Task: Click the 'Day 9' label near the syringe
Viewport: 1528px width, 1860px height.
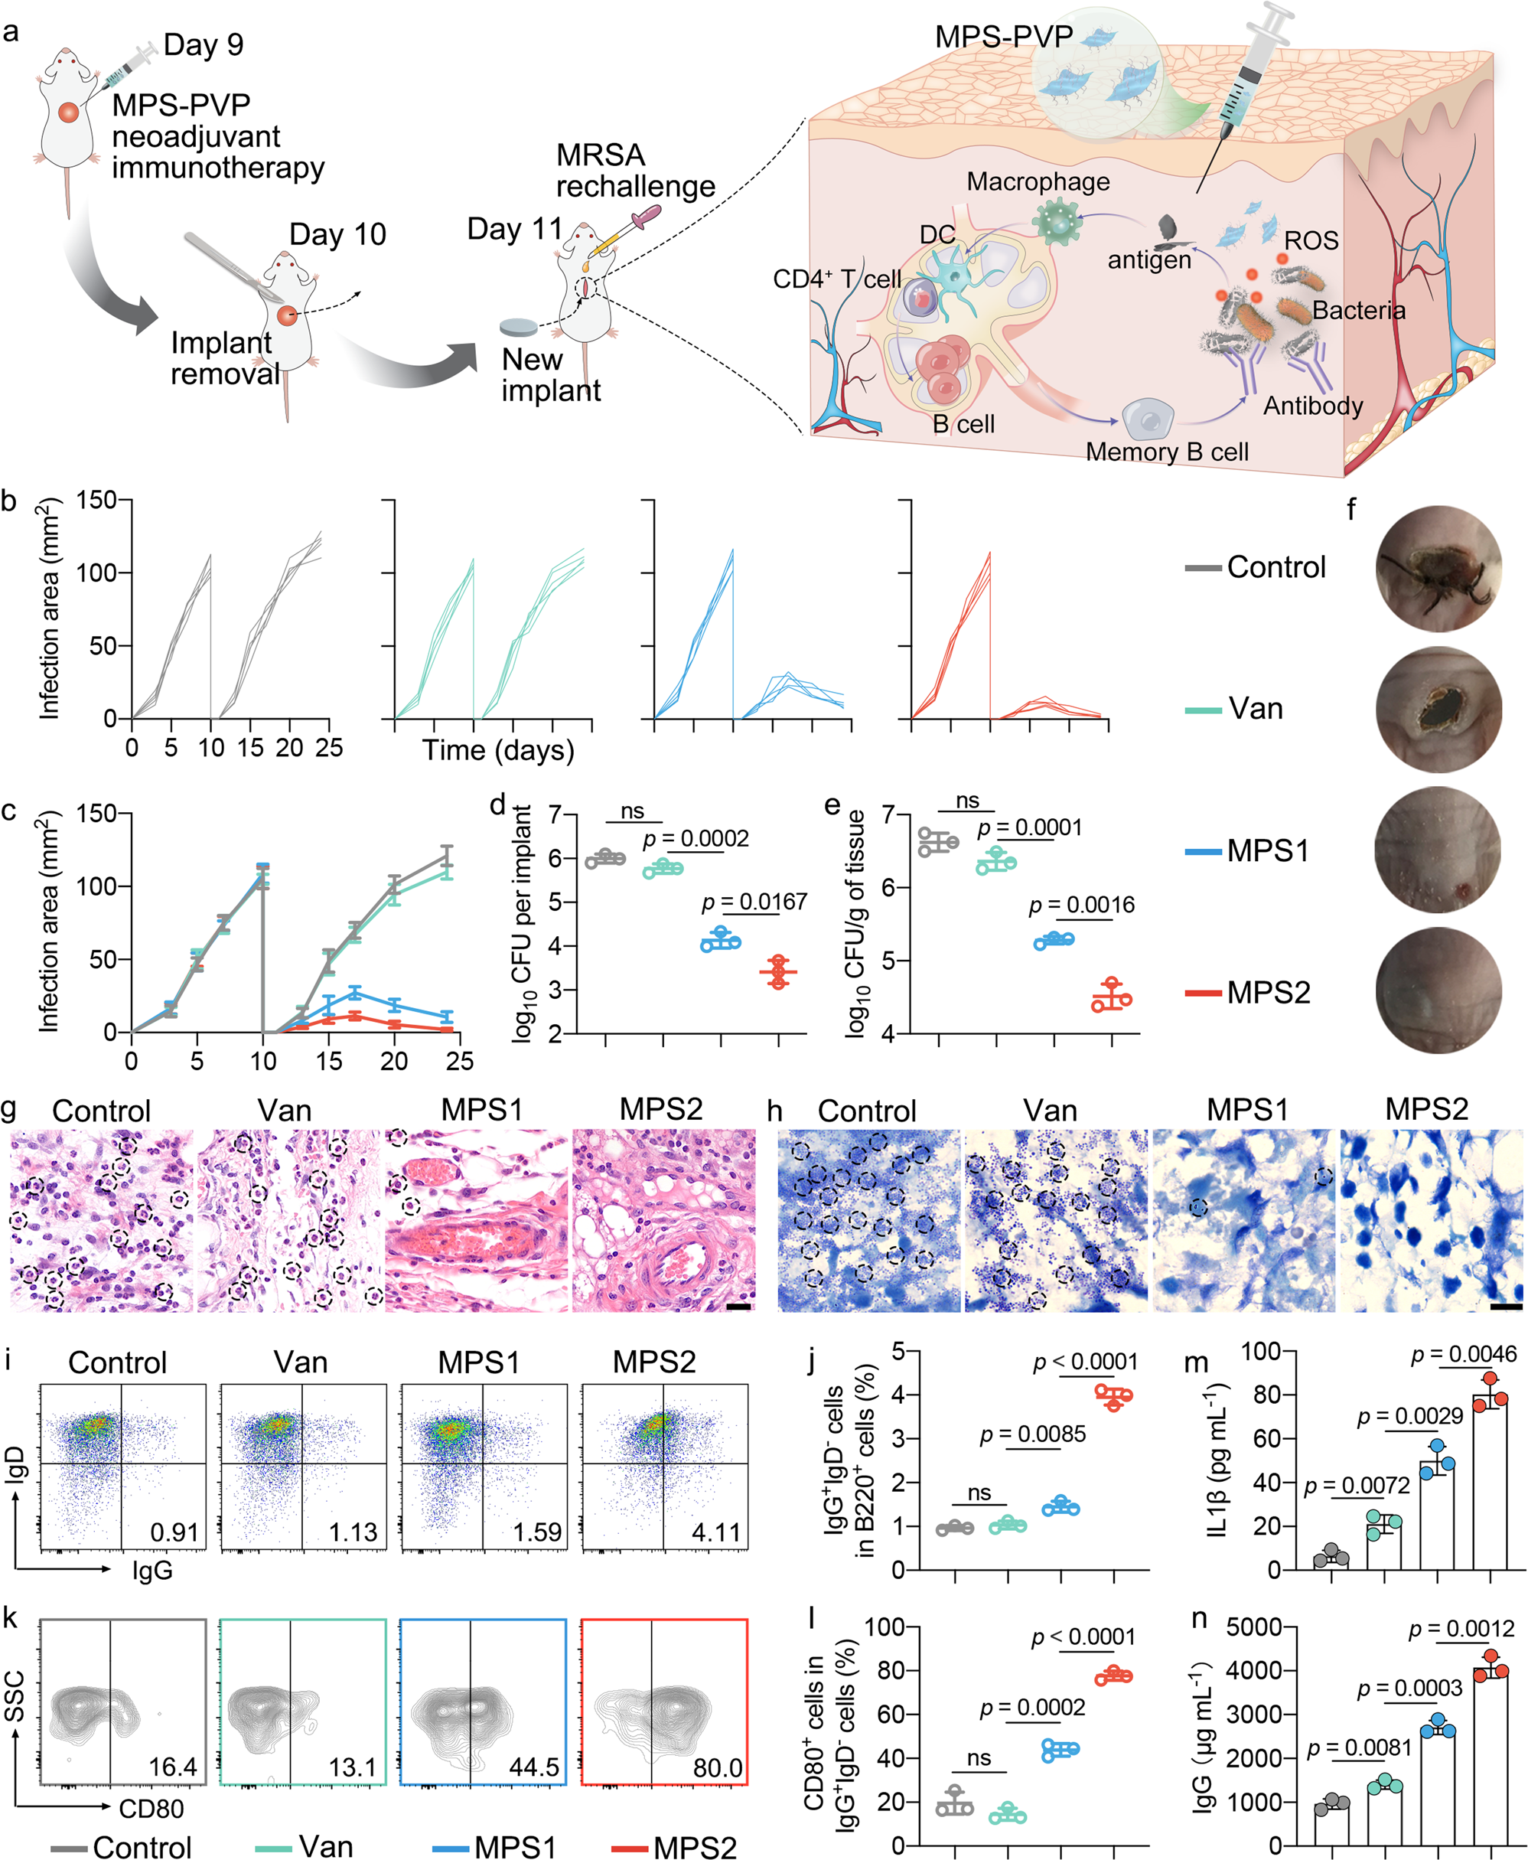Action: click(204, 45)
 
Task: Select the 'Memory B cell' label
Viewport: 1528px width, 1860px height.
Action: click(1166, 452)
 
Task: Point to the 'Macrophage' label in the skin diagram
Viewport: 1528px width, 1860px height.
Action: click(1038, 181)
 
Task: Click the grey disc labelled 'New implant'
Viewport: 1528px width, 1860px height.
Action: click(519, 328)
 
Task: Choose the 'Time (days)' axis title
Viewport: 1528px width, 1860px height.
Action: click(498, 750)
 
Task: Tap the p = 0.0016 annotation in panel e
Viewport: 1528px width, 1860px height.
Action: click(1082, 905)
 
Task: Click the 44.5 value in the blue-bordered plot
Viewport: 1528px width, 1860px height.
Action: click(534, 1767)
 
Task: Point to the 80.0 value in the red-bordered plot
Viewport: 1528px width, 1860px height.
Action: click(718, 1767)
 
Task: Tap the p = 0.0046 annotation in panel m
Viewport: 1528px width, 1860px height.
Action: click(1464, 1354)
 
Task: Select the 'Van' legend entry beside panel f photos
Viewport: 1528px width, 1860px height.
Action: click(1255, 709)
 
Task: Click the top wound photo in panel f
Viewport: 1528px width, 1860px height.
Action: click(1438, 569)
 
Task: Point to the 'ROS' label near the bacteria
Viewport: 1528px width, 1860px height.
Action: click(1311, 240)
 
